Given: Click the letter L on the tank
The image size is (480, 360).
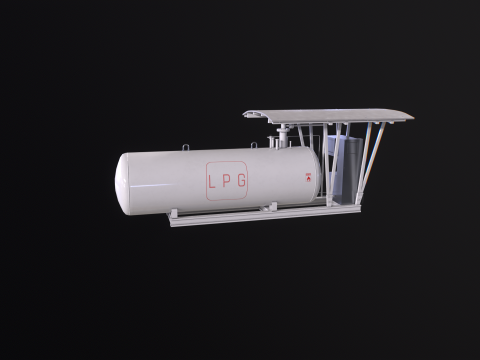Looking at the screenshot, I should coord(211,182).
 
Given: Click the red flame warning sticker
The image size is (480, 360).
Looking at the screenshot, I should coord(308,178).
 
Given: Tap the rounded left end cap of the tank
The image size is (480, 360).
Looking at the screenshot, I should coord(122,185).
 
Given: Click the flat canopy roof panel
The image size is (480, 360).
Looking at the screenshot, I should coord(330,114).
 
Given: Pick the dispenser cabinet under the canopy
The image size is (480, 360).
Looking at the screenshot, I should coord(345,170).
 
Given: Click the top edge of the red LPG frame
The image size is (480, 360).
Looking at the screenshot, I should coord(228,161).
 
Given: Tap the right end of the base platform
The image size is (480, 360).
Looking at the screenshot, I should coord(355,206).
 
